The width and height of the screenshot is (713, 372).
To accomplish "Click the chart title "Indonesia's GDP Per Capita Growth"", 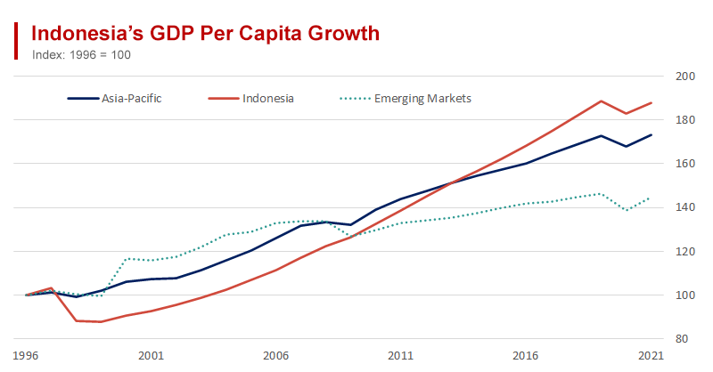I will point(206,34).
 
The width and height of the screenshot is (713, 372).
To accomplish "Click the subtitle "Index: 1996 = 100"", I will point(81,54).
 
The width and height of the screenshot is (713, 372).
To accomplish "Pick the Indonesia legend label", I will point(267,98).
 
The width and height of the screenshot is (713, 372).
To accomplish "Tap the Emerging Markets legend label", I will point(422,98).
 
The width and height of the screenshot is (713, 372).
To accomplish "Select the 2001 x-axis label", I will point(151,355).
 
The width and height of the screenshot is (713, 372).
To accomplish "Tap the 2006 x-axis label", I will point(276,355).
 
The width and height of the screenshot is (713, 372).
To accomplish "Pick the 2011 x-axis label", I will point(401,355).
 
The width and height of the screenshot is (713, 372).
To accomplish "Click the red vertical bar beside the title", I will point(16,41).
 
